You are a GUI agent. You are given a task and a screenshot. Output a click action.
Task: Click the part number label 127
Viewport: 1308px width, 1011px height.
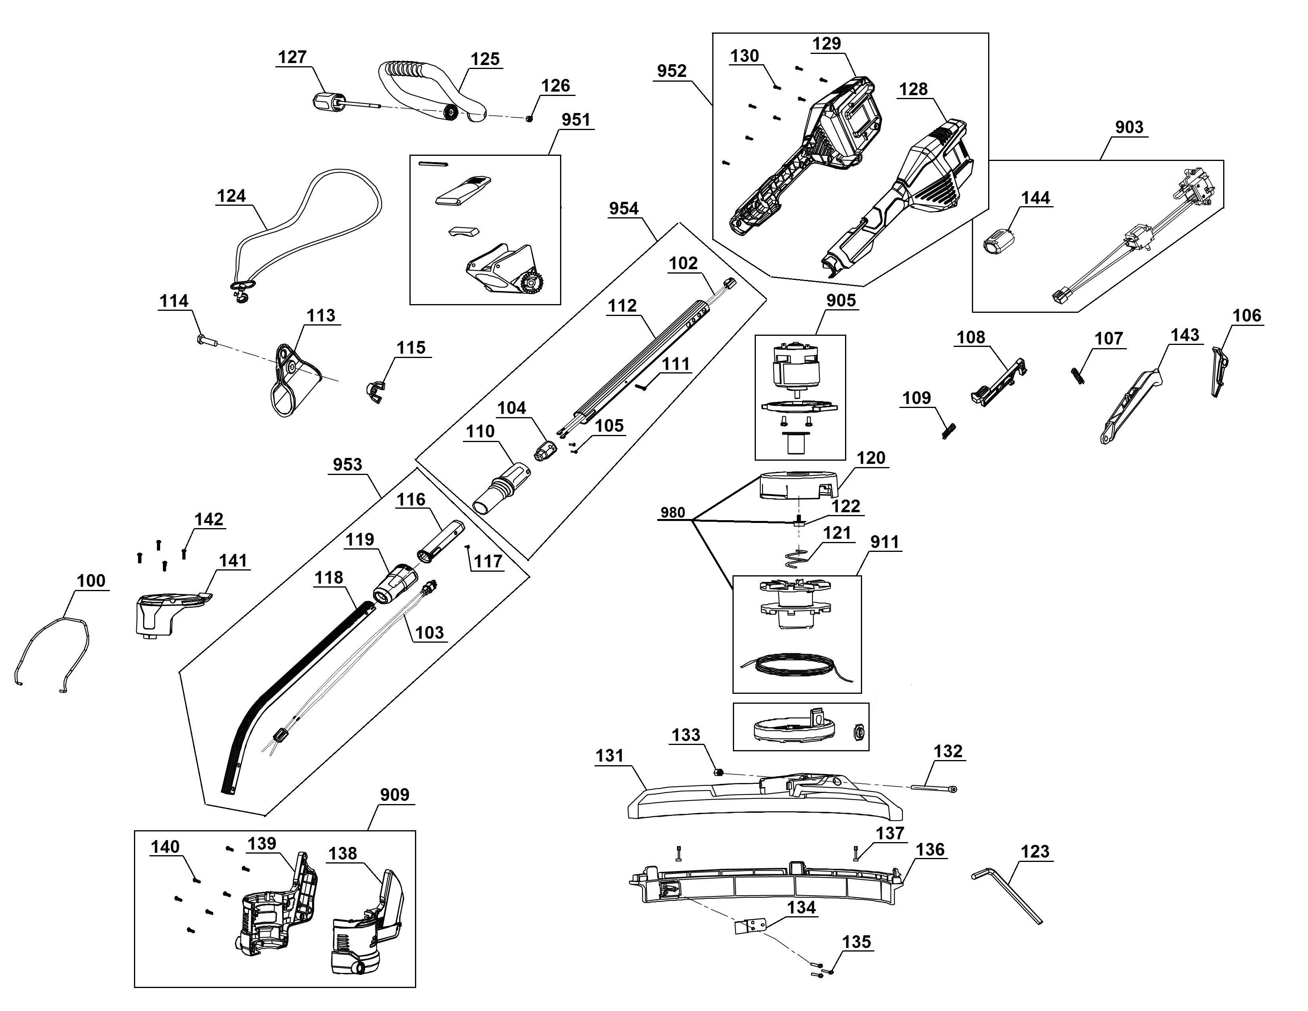point(292,57)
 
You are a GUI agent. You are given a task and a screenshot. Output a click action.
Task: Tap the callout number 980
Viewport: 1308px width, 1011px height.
point(673,512)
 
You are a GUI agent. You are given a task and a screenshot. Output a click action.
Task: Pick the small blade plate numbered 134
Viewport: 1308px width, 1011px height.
point(750,925)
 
